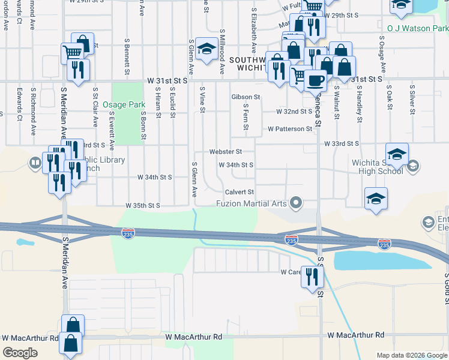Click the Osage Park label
tap(122, 104)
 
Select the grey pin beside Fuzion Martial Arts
tap(295, 203)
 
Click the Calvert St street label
tap(240, 192)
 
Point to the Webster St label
tap(225, 152)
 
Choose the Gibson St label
tap(246, 97)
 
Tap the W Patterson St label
tap(290, 128)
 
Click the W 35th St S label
tap(142, 205)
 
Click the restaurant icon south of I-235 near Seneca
tap(312, 277)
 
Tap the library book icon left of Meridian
tap(37, 162)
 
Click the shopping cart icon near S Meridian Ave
tap(72, 52)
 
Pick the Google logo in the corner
tap(20, 353)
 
